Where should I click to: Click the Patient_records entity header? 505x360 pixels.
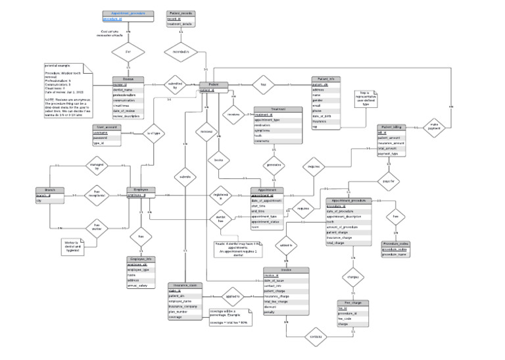pyautogui.click(x=181, y=13)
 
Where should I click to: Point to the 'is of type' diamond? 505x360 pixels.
pyautogui.click(x=153, y=134)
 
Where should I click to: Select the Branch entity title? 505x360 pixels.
pyautogui.click(x=50, y=190)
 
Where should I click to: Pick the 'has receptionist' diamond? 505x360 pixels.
pyautogui.click(x=97, y=195)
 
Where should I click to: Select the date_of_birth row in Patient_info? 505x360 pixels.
pyautogui.click(x=327, y=116)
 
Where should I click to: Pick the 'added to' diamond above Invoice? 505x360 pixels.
pyautogui.click(x=286, y=245)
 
